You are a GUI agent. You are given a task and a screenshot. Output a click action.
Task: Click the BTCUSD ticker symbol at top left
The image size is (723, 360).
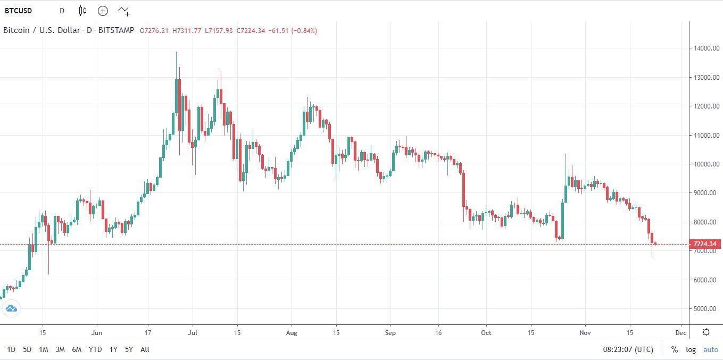tap(18, 11)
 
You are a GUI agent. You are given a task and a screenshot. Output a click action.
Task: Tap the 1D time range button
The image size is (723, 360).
tap(11, 349)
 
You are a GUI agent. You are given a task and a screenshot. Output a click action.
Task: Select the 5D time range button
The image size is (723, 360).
tap(27, 349)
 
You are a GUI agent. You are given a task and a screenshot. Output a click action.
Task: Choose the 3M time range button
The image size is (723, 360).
tap(60, 349)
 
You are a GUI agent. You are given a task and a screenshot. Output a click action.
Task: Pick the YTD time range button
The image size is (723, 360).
tap(95, 349)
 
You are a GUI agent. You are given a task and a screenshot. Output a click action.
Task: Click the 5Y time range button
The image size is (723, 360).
tap(129, 349)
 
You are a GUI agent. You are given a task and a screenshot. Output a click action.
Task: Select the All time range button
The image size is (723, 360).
tap(145, 349)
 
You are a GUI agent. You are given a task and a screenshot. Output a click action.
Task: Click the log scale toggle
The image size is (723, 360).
tap(691, 349)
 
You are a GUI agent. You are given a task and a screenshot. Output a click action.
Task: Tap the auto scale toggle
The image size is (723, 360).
tap(711, 349)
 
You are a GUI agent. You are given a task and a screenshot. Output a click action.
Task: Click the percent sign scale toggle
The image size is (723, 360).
tap(675, 349)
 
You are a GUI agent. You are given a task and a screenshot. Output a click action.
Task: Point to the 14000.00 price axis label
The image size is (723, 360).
tap(705, 48)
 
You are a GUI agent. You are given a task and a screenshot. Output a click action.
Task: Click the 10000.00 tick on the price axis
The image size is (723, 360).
tap(705, 164)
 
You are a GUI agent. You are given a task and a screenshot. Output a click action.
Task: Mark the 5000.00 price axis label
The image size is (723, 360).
tap(705, 309)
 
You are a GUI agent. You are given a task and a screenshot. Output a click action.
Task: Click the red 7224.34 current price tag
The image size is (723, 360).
tap(705, 244)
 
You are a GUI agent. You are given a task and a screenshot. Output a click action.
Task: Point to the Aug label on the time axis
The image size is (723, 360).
tap(291, 333)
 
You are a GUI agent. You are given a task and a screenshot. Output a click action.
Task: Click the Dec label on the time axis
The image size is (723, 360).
tap(680, 333)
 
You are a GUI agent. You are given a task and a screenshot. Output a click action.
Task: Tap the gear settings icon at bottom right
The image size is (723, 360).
tap(706, 332)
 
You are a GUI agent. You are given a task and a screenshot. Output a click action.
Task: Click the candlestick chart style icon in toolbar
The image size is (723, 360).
tap(82, 11)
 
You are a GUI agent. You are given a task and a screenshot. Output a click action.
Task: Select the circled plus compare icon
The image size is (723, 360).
tap(103, 11)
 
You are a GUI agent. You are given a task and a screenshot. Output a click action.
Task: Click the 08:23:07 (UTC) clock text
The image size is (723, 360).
tap(628, 349)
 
